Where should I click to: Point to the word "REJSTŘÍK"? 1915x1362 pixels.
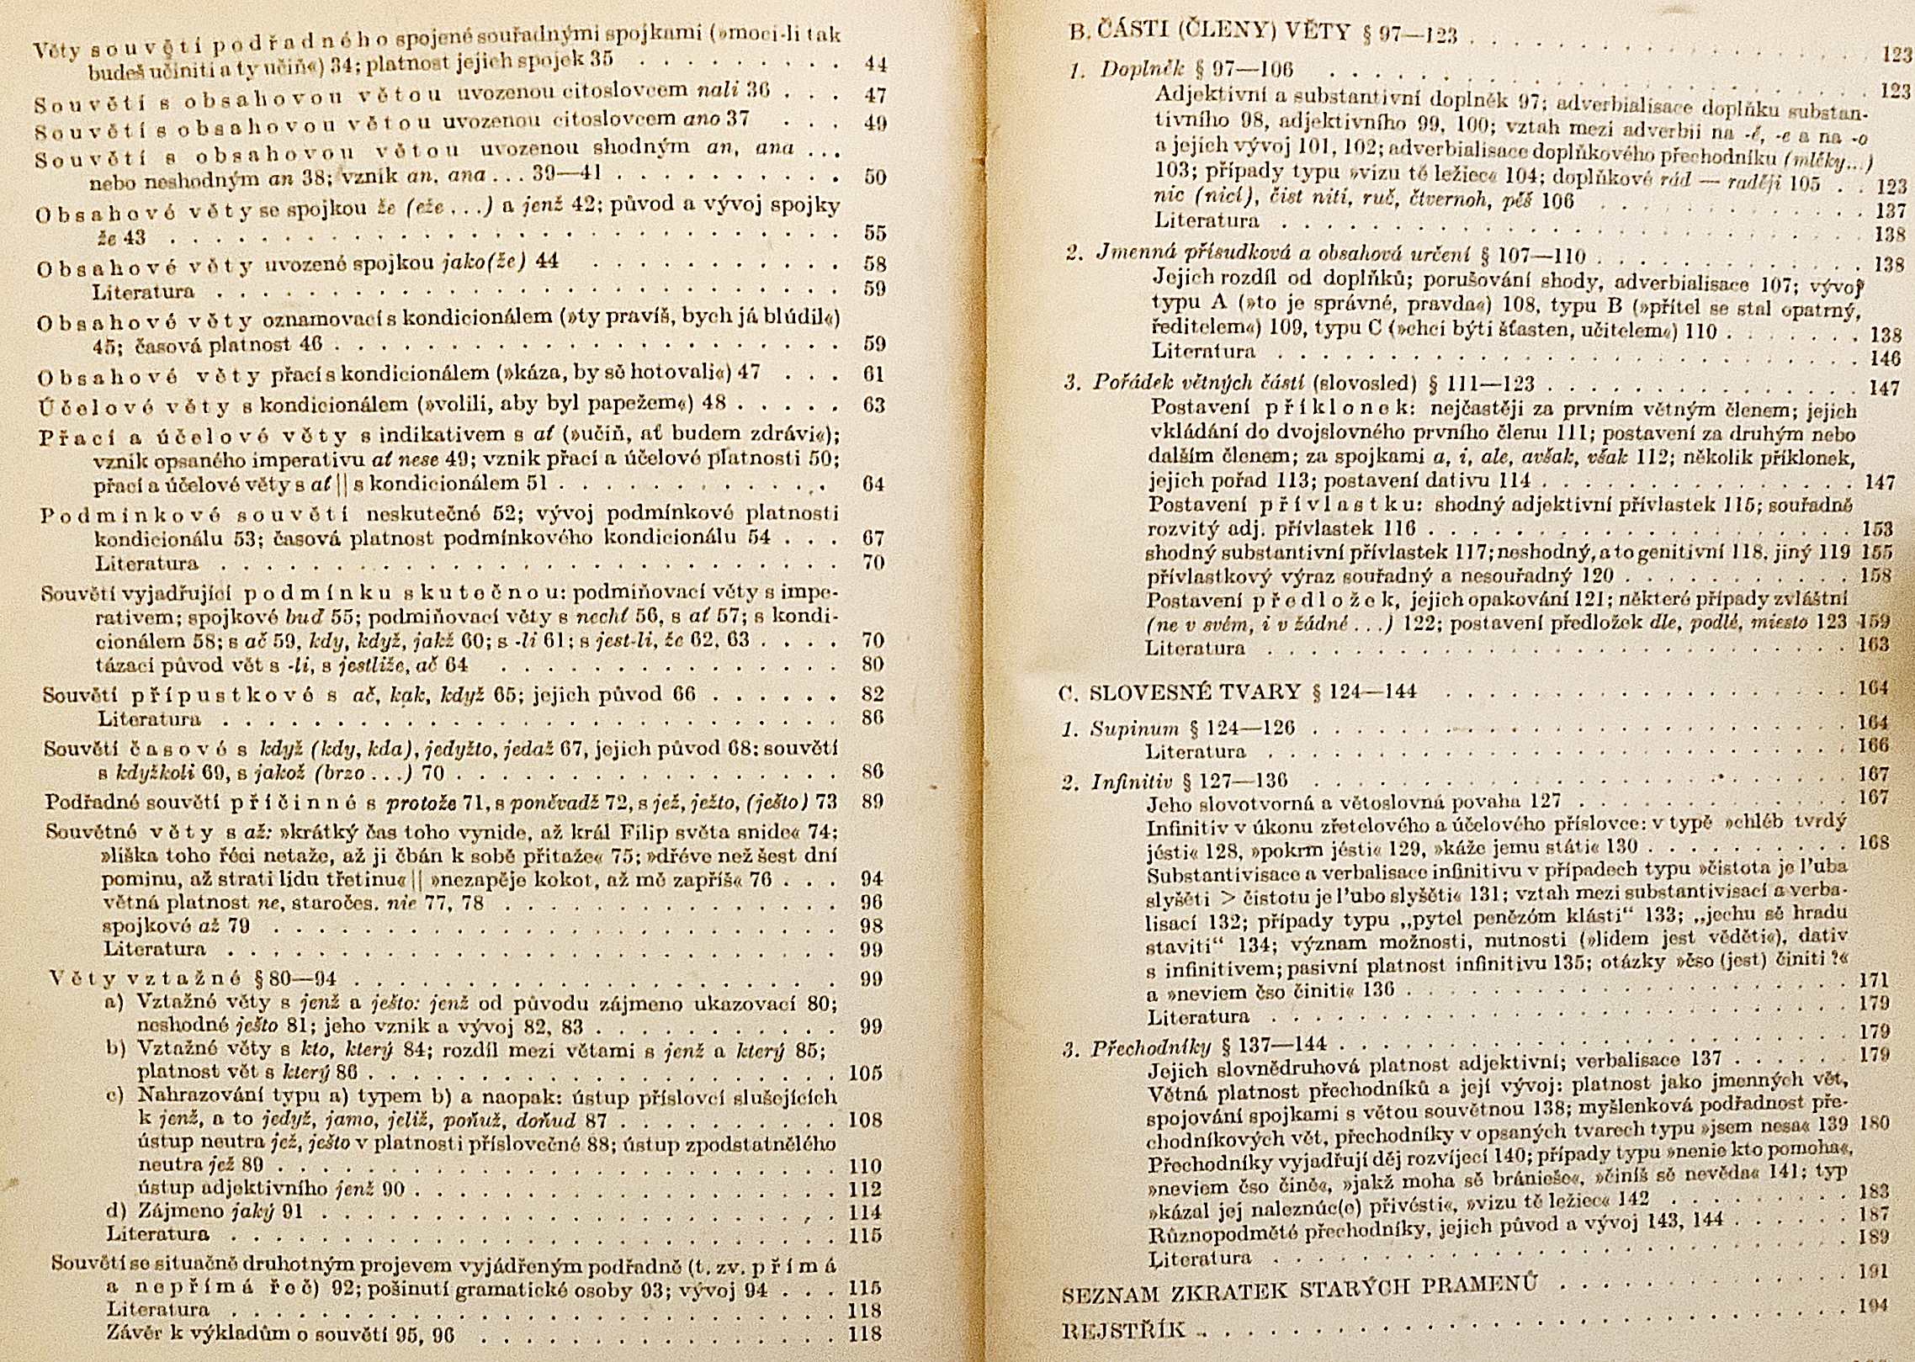pos(1124,1331)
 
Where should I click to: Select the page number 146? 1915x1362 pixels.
pos(1884,358)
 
